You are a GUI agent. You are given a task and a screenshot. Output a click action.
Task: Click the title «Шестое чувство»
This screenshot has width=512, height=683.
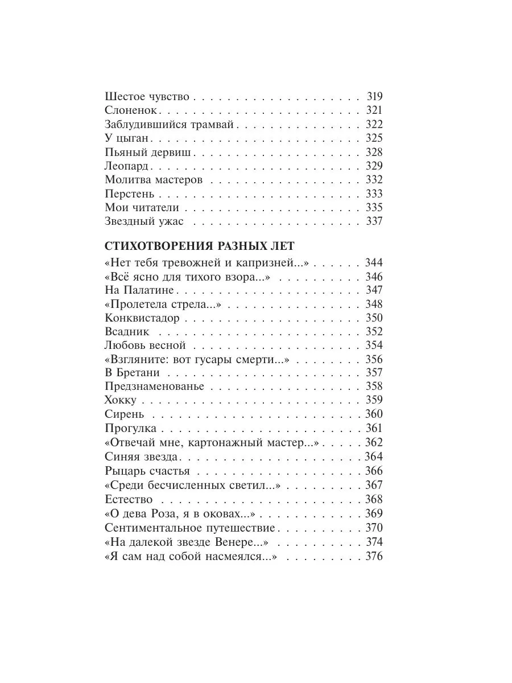[147, 97]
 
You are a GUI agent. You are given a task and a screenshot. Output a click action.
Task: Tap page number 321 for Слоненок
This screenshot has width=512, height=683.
[374, 111]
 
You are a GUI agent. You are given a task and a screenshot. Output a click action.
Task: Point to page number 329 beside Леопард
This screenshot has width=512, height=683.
[374, 166]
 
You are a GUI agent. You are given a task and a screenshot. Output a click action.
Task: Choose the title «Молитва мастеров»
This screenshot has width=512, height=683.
[154, 180]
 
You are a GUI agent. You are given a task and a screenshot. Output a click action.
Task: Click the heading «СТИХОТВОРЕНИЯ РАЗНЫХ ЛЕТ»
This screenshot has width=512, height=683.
[200, 246]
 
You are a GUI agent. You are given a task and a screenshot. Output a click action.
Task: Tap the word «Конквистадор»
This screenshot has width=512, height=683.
[142, 318]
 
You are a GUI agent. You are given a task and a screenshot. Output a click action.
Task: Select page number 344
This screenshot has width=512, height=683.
[374, 263]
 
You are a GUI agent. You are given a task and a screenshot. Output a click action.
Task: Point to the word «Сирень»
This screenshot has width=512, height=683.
[125, 414]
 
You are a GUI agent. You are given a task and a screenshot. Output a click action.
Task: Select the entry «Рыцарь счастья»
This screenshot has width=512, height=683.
[147, 471]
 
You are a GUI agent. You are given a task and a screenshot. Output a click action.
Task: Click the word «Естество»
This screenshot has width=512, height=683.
[129, 499]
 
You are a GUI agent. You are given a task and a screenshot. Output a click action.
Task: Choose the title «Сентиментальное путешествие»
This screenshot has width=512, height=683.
[190, 528]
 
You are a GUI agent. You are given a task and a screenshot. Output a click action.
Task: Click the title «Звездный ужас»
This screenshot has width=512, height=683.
[144, 221]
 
